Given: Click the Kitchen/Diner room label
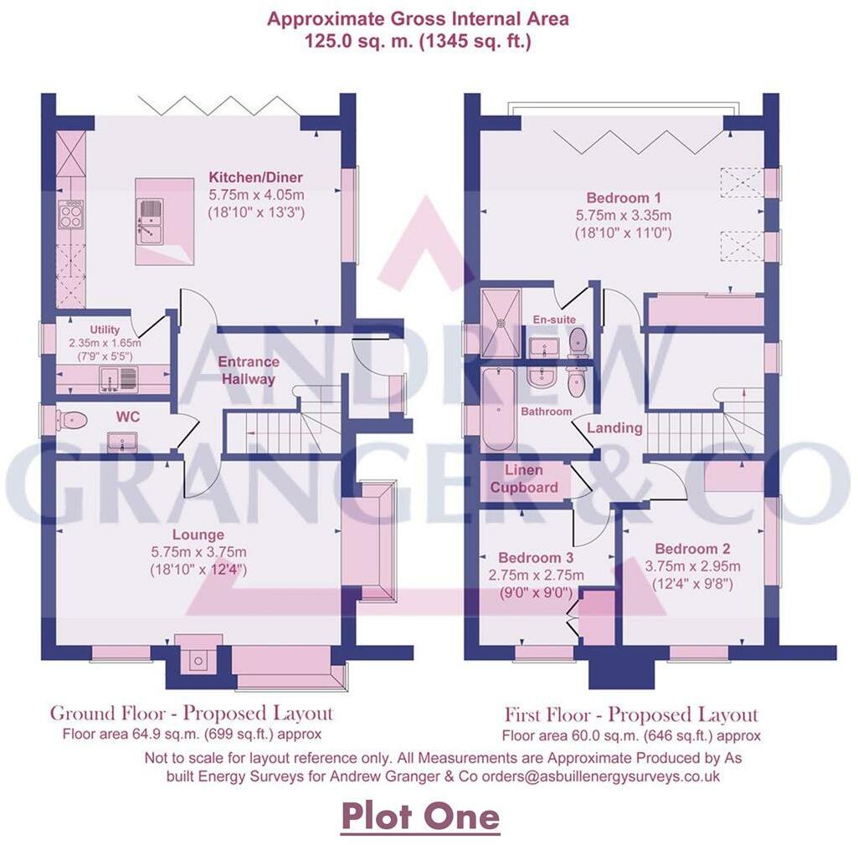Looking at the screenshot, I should (x=255, y=177).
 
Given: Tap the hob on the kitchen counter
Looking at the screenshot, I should (x=71, y=217).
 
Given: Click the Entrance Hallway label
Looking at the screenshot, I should (x=249, y=370).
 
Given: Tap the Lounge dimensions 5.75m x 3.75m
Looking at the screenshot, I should (x=198, y=552).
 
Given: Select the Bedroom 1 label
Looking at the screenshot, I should (x=624, y=198).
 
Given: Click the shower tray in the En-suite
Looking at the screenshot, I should (x=501, y=318).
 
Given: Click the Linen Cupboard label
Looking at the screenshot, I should (x=524, y=479).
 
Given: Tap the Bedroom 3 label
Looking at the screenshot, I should (x=536, y=558).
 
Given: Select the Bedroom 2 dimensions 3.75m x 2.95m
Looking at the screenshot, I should (x=693, y=567).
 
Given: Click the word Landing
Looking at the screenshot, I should (x=614, y=428).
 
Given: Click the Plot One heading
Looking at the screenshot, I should (x=419, y=816).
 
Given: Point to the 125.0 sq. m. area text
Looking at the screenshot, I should (x=360, y=41).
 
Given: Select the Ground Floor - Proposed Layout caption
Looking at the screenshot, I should (x=192, y=714).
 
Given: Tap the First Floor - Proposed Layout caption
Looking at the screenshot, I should (x=631, y=714).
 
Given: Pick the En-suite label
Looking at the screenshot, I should (x=554, y=320).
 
